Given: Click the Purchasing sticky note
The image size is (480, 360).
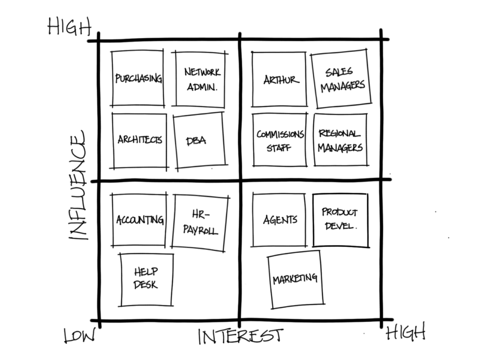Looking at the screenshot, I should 138,78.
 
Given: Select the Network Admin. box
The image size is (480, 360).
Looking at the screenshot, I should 201,79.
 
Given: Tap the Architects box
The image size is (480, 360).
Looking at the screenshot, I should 139,140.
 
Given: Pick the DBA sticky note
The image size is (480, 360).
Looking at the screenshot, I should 199,140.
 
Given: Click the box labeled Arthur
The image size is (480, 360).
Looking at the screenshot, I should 279,79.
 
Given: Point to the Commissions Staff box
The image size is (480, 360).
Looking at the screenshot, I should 279,140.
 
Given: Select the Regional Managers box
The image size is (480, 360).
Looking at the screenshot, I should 340,140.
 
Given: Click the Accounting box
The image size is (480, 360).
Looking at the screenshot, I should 139,220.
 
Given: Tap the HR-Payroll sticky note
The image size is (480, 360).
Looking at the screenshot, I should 200,222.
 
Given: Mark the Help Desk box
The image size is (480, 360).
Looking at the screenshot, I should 146,279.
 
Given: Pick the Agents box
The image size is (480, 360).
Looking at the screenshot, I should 279,220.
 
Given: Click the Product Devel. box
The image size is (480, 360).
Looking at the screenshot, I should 340,220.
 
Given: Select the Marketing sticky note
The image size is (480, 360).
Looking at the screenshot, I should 295,279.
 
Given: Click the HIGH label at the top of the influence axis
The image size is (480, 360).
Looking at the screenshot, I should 69,27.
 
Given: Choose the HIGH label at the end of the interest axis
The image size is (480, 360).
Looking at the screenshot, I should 405,332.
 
